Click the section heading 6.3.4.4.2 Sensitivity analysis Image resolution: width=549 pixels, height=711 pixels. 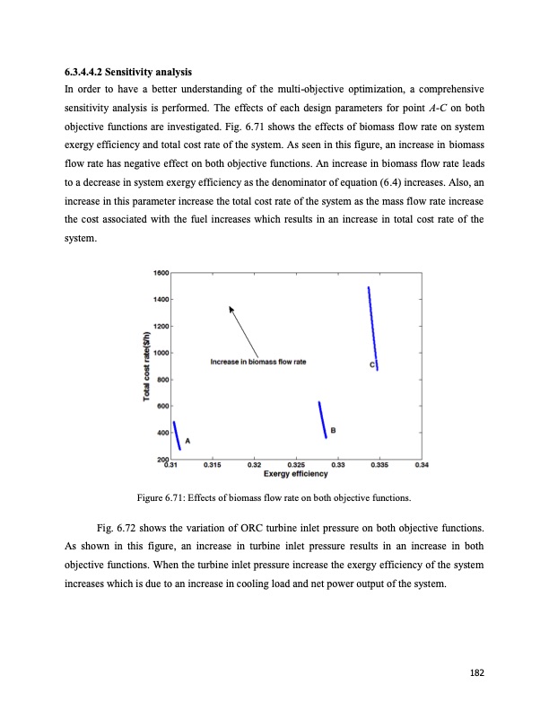click(x=126, y=71)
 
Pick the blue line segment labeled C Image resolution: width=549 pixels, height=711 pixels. click(x=372, y=328)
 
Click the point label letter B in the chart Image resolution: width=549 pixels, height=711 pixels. click(x=334, y=431)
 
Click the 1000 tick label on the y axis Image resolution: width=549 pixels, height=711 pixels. click(x=161, y=352)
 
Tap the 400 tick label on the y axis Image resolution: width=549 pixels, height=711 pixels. click(x=162, y=433)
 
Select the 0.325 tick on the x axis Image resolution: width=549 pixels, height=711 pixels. click(x=294, y=465)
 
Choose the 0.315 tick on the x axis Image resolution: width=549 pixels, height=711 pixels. click(x=213, y=465)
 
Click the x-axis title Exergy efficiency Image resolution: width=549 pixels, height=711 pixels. click(x=295, y=474)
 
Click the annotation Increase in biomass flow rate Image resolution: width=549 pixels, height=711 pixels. click(x=258, y=362)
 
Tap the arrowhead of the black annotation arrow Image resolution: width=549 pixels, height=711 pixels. click(x=231, y=308)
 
